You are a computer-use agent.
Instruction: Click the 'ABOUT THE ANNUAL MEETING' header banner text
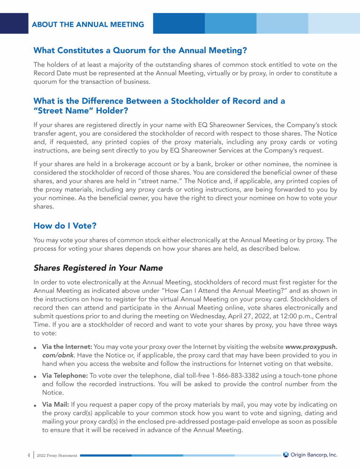tap(88, 24)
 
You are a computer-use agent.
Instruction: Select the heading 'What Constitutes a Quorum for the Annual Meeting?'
tap(140, 50)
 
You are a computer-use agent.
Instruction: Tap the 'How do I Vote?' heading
tap(65, 226)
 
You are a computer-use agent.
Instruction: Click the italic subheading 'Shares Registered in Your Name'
tap(98, 268)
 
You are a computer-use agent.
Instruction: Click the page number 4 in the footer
tap(28, 454)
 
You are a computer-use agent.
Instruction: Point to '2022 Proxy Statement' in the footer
tap(57, 455)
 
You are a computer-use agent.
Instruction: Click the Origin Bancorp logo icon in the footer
tap(285, 454)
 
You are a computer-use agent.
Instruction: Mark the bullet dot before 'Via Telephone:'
tap(36, 377)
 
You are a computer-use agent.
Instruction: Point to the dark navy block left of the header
tap(14, 23)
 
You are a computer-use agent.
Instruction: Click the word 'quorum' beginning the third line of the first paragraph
tap(45, 81)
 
